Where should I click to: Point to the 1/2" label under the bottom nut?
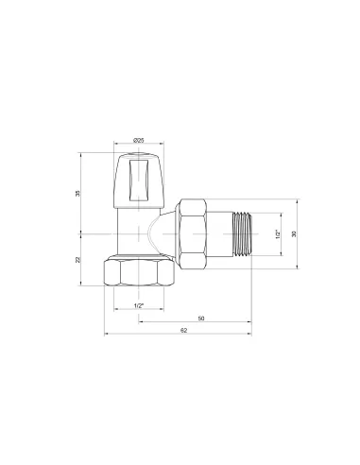click(138, 305)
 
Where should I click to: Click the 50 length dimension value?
click(201, 319)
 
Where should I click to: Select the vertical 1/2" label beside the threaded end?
click(279, 233)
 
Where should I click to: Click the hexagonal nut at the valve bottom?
click(138, 271)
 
